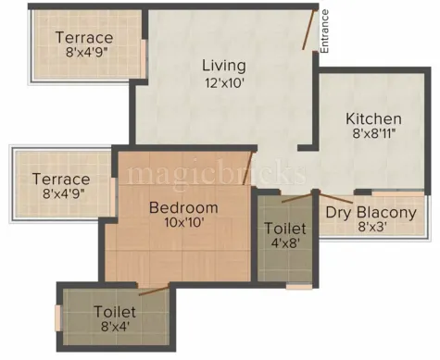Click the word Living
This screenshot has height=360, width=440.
coord(224,66)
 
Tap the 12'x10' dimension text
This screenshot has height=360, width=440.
coord(223,81)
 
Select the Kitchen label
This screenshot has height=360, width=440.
coord(373,119)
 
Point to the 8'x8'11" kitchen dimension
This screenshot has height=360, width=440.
coord(373,135)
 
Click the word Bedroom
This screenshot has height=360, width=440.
coord(183,207)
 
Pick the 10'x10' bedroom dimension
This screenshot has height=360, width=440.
coord(183,222)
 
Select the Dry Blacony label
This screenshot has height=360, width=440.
coord(371,212)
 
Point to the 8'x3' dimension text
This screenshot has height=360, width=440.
coord(371,227)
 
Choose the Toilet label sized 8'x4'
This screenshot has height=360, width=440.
coord(115,312)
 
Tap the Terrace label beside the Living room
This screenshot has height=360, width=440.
coord(84,38)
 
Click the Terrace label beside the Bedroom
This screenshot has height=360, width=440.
coord(61,179)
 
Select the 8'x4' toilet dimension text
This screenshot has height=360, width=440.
coord(115,327)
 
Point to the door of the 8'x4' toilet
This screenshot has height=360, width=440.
coord(154,291)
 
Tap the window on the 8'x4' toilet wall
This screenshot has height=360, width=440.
coord(58,317)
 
